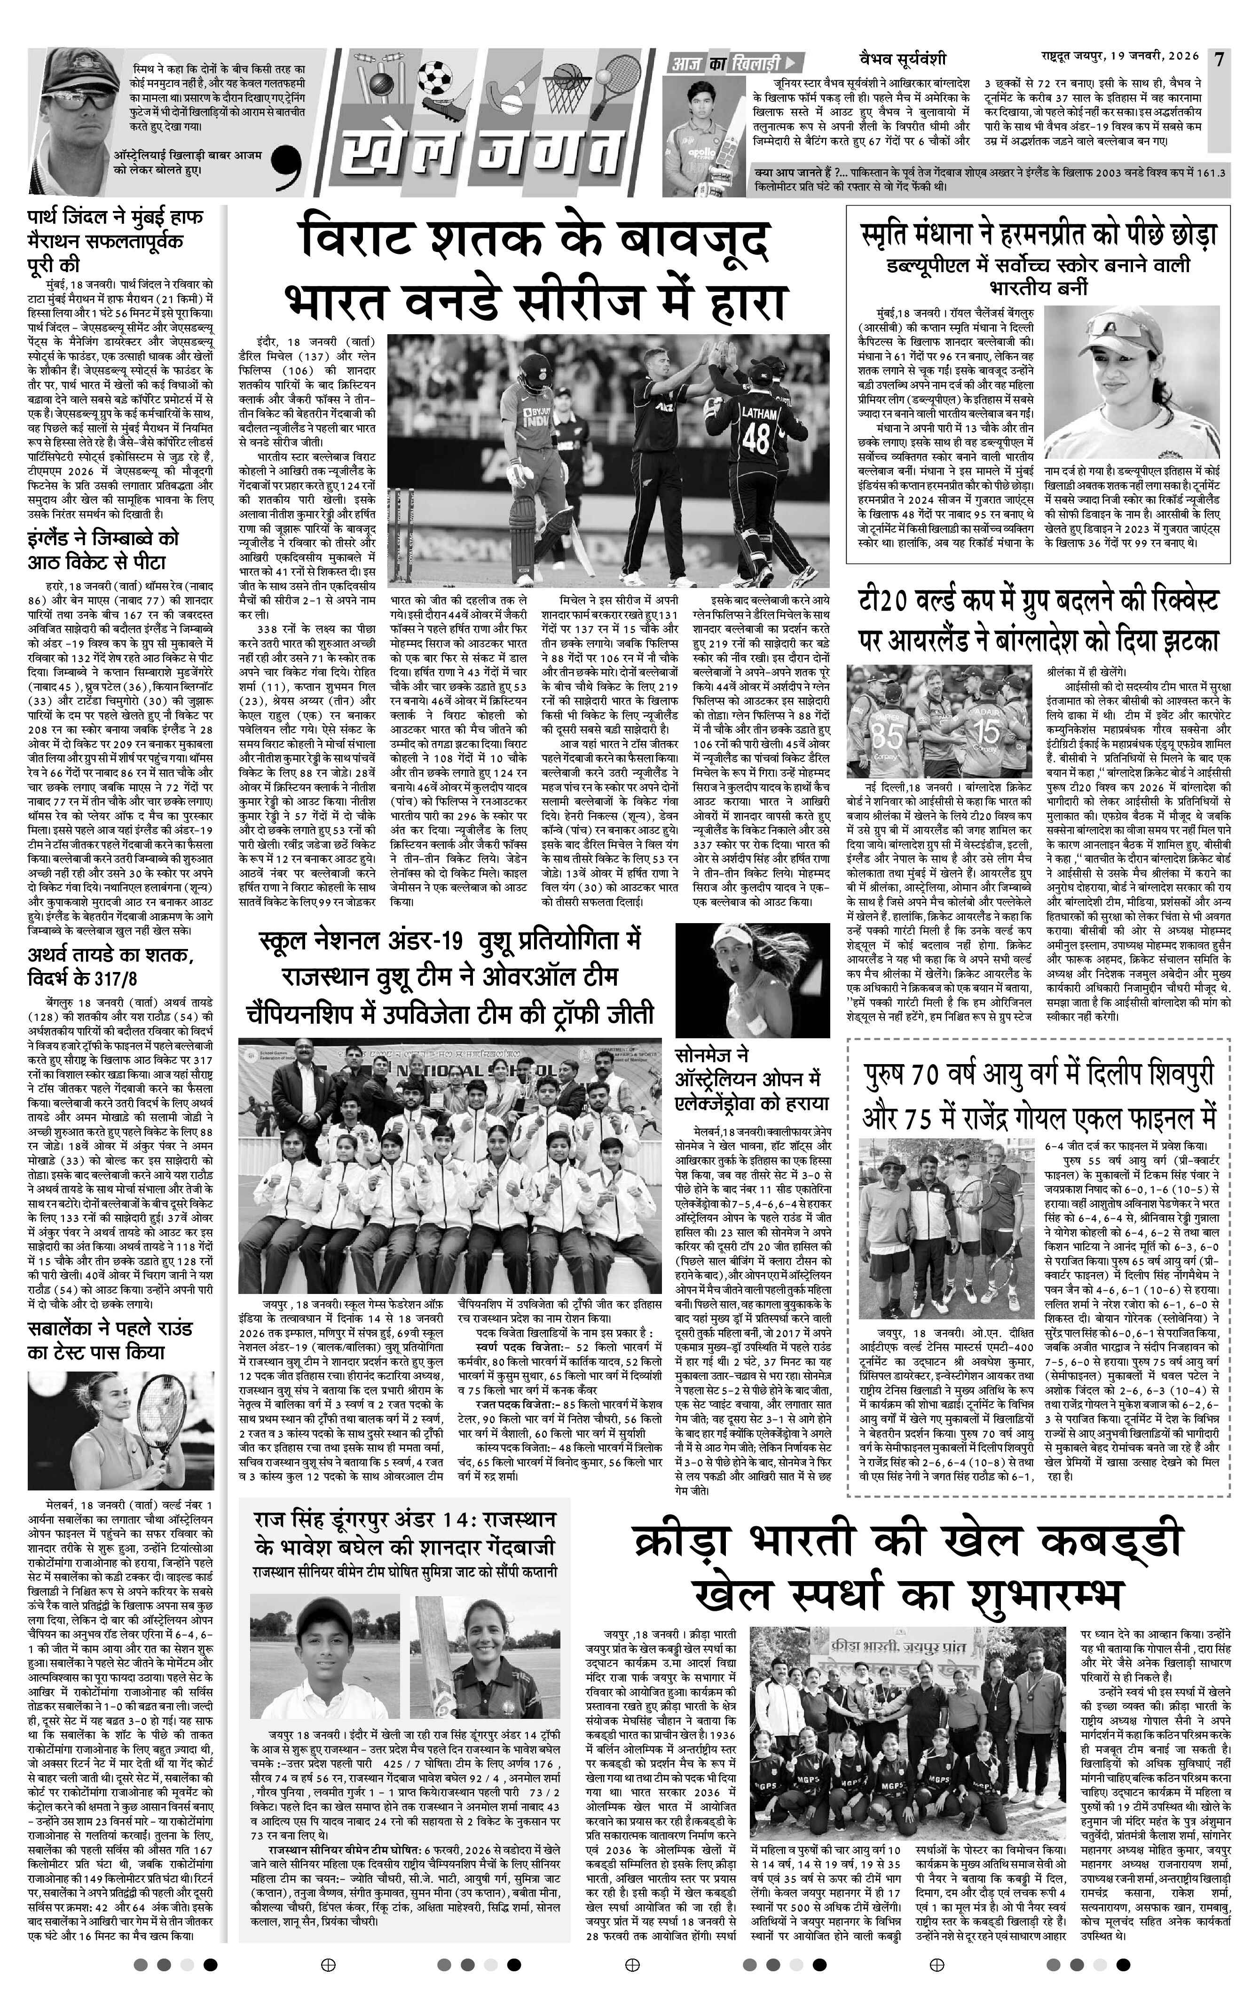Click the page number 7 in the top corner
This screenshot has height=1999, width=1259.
(1219, 60)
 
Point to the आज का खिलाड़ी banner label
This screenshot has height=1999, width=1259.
(732, 62)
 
